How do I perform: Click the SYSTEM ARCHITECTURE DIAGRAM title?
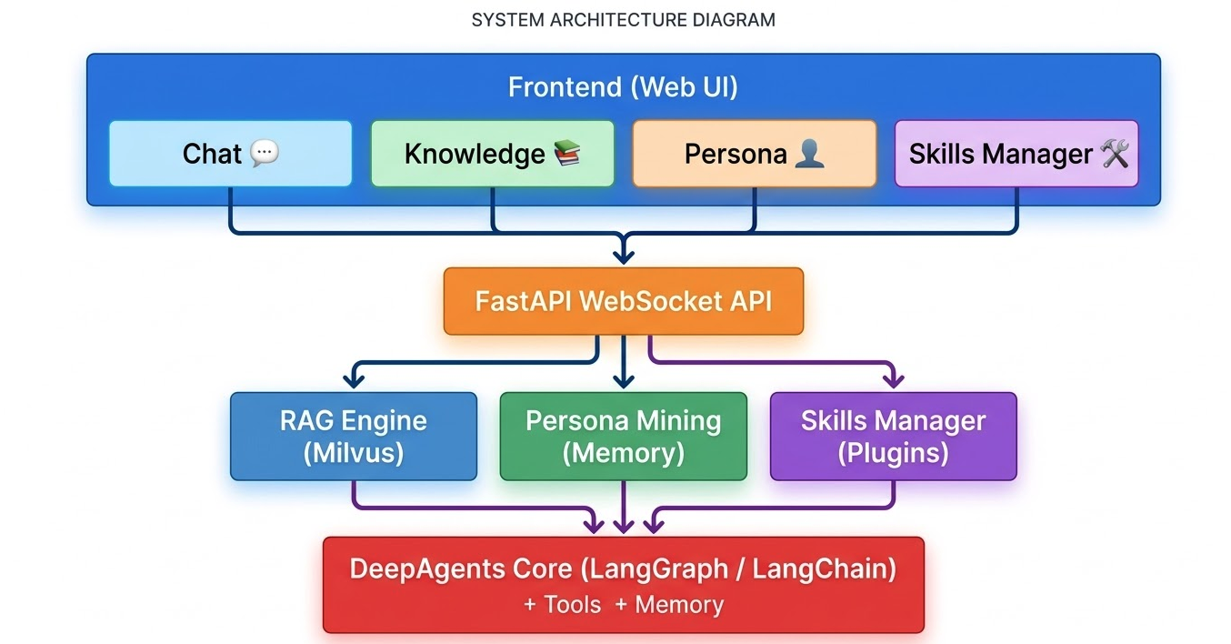coord(623,20)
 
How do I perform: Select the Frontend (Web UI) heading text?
coord(623,87)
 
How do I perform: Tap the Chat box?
coord(230,154)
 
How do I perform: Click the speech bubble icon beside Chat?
coord(265,153)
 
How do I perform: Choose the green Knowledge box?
coord(492,154)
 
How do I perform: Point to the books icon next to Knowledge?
coord(566,153)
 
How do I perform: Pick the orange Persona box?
coord(754,154)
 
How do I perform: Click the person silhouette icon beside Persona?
coord(809,153)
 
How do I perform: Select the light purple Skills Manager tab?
coord(1016,154)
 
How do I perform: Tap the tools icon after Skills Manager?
coord(1115,154)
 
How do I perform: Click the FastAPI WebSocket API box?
coord(623,301)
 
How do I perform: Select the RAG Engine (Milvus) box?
coord(353,436)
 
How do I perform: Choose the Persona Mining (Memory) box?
coord(623,436)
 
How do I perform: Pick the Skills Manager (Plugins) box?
coord(893,436)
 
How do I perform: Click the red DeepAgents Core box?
coord(623,584)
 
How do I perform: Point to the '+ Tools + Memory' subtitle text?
coord(623,605)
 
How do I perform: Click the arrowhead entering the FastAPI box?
coord(623,256)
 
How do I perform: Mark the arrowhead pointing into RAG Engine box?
coord(354,380)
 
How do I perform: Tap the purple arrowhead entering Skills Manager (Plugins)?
coord(893,380)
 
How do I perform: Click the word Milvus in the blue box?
coord(353,452)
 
